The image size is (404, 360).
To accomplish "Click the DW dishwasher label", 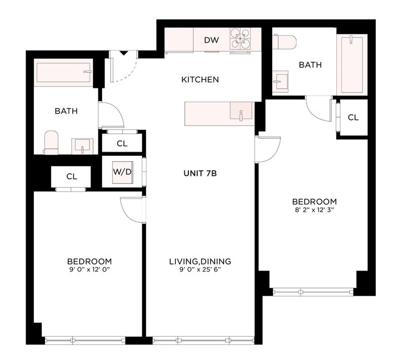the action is coord(212,40).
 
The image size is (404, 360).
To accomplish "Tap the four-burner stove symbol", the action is coord(240,38).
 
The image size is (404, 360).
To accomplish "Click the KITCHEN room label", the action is coord(200,80).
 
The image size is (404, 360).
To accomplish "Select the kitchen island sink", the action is coord(241,111).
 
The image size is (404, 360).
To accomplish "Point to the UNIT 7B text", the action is coord(200,173).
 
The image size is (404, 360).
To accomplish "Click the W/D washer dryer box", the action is coord(123,172).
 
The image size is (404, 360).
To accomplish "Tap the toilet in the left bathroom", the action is coord(51,143).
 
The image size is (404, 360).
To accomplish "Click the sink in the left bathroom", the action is coord(82,146).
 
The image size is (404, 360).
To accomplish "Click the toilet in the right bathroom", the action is coord(284,41).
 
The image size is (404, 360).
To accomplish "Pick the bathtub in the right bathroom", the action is coord(351,65).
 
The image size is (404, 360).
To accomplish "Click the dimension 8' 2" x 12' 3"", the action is coord(314,210).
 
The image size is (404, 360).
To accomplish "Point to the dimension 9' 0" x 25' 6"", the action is coord(200,269).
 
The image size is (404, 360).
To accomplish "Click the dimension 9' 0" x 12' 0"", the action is coord(89,269).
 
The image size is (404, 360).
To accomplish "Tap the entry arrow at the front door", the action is coord(124,54).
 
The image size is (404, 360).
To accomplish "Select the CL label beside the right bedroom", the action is coord(353,118).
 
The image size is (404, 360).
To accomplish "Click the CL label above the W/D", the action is coord(122,144).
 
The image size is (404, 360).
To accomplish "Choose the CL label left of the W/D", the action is coord(72,176).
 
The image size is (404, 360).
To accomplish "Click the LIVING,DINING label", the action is coord(200,261).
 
